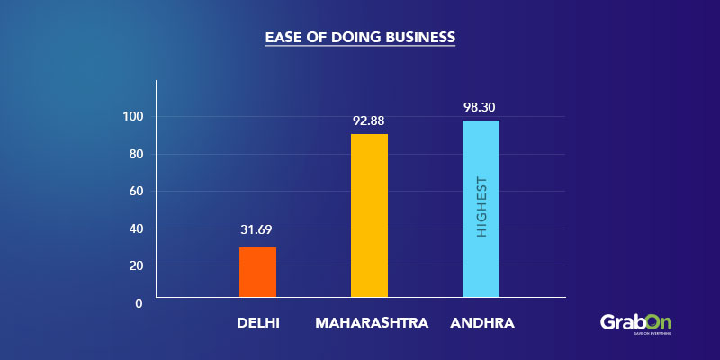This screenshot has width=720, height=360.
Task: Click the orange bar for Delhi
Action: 257,272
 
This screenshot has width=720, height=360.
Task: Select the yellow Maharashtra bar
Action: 369,216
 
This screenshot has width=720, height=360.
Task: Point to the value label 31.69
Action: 257,229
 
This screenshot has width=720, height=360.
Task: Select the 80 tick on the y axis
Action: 136,154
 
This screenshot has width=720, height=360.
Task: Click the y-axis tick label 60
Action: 136,191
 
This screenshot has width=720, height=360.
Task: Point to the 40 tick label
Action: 136,229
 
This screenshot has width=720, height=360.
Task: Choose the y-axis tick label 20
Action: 136,265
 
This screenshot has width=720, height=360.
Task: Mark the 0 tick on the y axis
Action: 139,303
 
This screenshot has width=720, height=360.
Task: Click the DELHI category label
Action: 258,321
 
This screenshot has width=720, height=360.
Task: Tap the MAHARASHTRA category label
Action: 372,321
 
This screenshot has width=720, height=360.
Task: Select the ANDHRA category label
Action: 481,321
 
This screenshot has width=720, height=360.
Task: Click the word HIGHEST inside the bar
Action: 481,208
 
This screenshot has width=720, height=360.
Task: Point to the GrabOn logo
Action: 635,322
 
